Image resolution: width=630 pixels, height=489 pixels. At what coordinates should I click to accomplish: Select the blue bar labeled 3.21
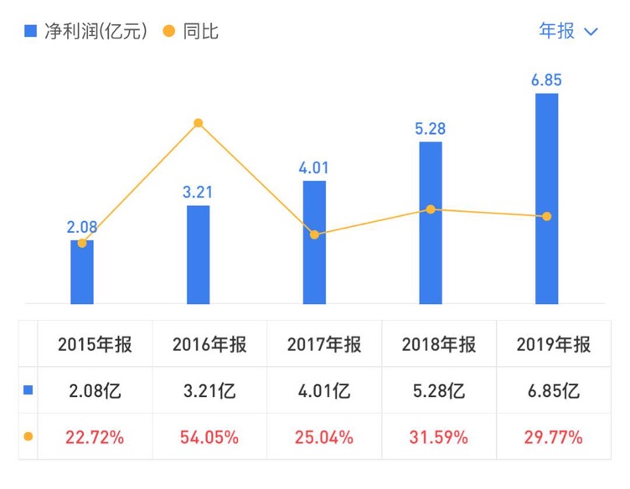(x=199, y=255)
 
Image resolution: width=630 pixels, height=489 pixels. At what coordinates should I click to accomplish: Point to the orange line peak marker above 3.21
(x=199, y=123)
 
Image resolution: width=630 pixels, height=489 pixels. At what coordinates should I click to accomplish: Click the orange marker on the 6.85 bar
(x=546, y=216)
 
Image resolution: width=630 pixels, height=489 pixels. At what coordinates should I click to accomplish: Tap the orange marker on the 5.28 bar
(x=431, y=209)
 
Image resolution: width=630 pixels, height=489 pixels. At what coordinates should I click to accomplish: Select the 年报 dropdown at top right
(x=568, y=31)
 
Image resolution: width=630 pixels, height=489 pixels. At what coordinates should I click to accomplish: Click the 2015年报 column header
(x=95, y=344)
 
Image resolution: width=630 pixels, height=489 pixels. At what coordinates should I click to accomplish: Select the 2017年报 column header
(x=324, y=344)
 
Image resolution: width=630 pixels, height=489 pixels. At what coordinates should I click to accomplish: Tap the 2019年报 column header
(x=554, y=344)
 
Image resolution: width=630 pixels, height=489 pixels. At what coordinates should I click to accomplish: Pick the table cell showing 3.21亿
(x=209, y=390)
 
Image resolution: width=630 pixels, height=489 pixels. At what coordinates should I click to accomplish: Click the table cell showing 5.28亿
(x=439, y=390)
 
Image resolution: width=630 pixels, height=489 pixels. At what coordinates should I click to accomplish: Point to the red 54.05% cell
(x=209, y=436)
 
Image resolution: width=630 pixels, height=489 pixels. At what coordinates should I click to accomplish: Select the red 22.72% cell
(x=95, y=436)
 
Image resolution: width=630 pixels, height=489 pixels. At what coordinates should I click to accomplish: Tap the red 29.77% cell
(x=554, y=436)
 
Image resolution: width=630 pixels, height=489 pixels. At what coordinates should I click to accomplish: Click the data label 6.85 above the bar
(x=546, y=80)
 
